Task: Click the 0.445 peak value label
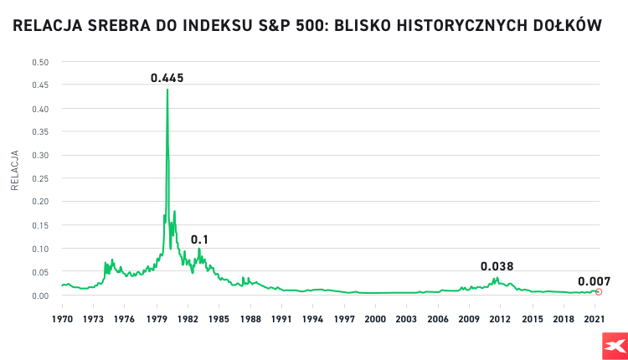point(167,78)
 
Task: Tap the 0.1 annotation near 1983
point(199,239)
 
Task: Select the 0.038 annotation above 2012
point(497,266)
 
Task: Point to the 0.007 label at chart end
point(594,281)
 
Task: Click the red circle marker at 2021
point(599,291)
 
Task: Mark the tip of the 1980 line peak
point(167,90)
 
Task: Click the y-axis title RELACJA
point(14,171)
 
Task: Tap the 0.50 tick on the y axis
point(40,62)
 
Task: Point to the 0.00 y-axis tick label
point(40,296)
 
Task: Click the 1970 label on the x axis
point(62,319)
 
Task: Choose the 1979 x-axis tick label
point(156,319)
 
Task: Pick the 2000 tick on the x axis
point(375,319)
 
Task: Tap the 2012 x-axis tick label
point(500,319)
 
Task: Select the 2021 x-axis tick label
point(594,319)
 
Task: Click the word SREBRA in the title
point(118,26)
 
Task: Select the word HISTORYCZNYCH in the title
point(469,26)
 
